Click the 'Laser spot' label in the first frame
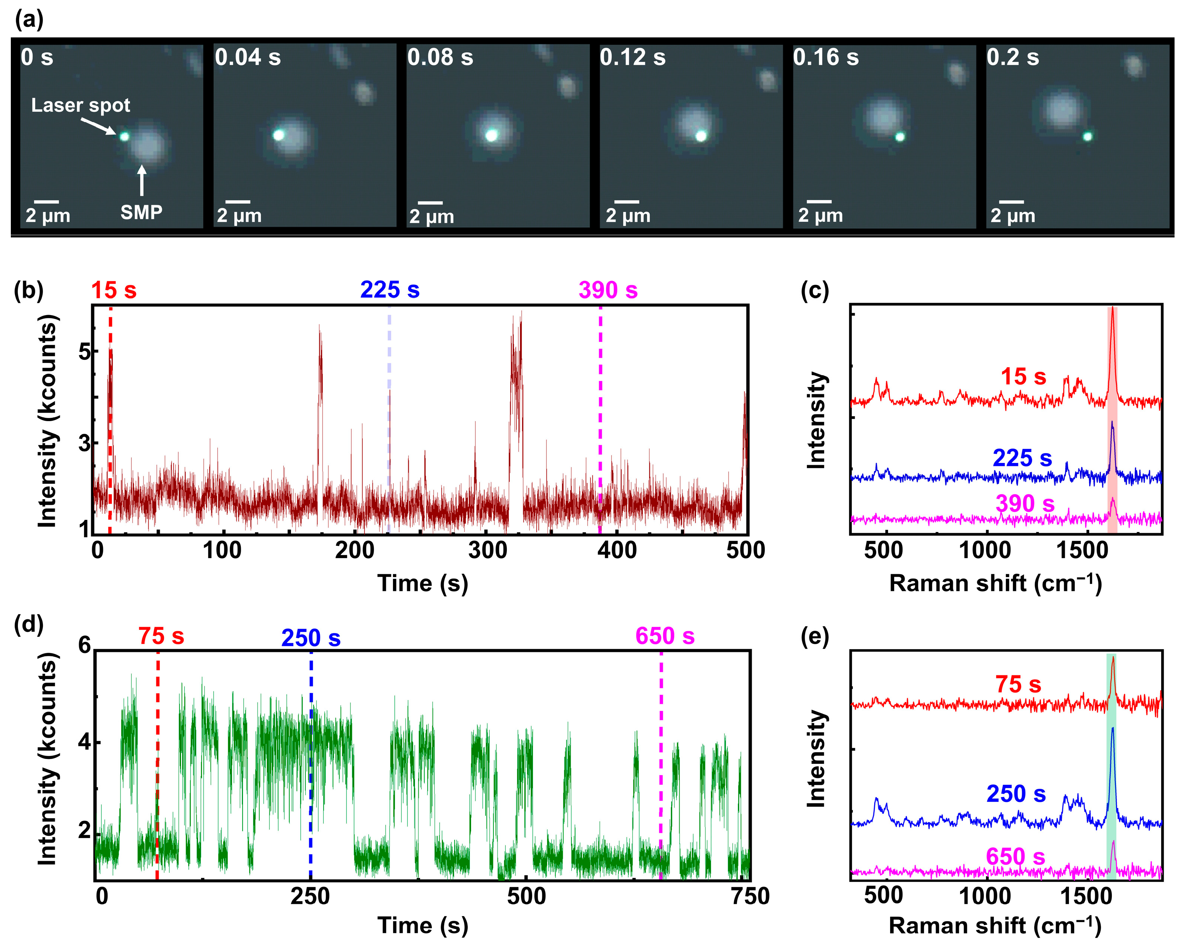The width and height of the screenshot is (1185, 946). point(80,105)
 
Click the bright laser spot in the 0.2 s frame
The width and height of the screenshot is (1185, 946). point(1087,136)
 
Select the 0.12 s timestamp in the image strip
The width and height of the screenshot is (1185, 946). point(632,57)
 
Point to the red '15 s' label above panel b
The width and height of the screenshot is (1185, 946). point(114,290)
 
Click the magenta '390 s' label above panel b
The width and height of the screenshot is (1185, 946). point(608,290)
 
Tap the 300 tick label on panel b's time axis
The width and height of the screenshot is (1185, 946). point(487,550)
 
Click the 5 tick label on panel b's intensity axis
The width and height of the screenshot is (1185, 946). point(84,351)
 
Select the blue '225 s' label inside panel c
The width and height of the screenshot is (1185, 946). point(1022,458)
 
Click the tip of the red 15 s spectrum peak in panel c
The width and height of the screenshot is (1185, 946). point(1113,309)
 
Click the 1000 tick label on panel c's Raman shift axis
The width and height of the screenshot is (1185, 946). point(984,550)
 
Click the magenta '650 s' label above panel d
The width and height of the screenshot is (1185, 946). point(665,636)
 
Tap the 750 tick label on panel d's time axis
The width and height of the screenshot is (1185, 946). point(750,896)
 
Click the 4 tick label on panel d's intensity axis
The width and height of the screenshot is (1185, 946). point(84,743)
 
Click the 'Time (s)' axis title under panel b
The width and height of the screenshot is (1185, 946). point(422,583)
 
